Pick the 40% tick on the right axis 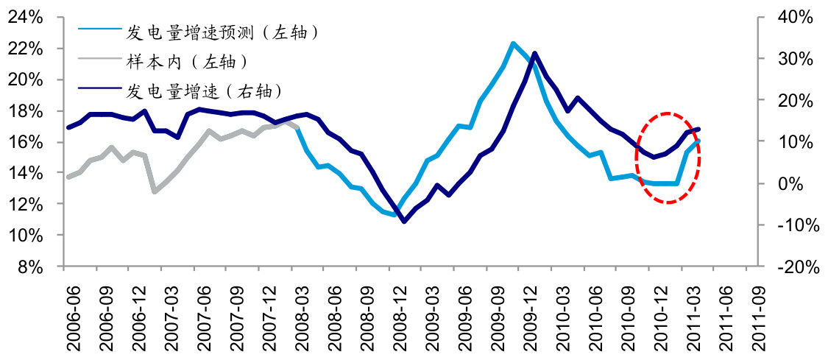click(x=793, y=17)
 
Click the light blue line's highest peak click(x=513, y=43)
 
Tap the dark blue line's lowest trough click(x=403, y=221)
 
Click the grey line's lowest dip click(x=155, y=191)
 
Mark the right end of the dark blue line click(x=698, y=130)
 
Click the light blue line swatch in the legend click(x=99, y=32)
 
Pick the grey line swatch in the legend click(x=99, y=61)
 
